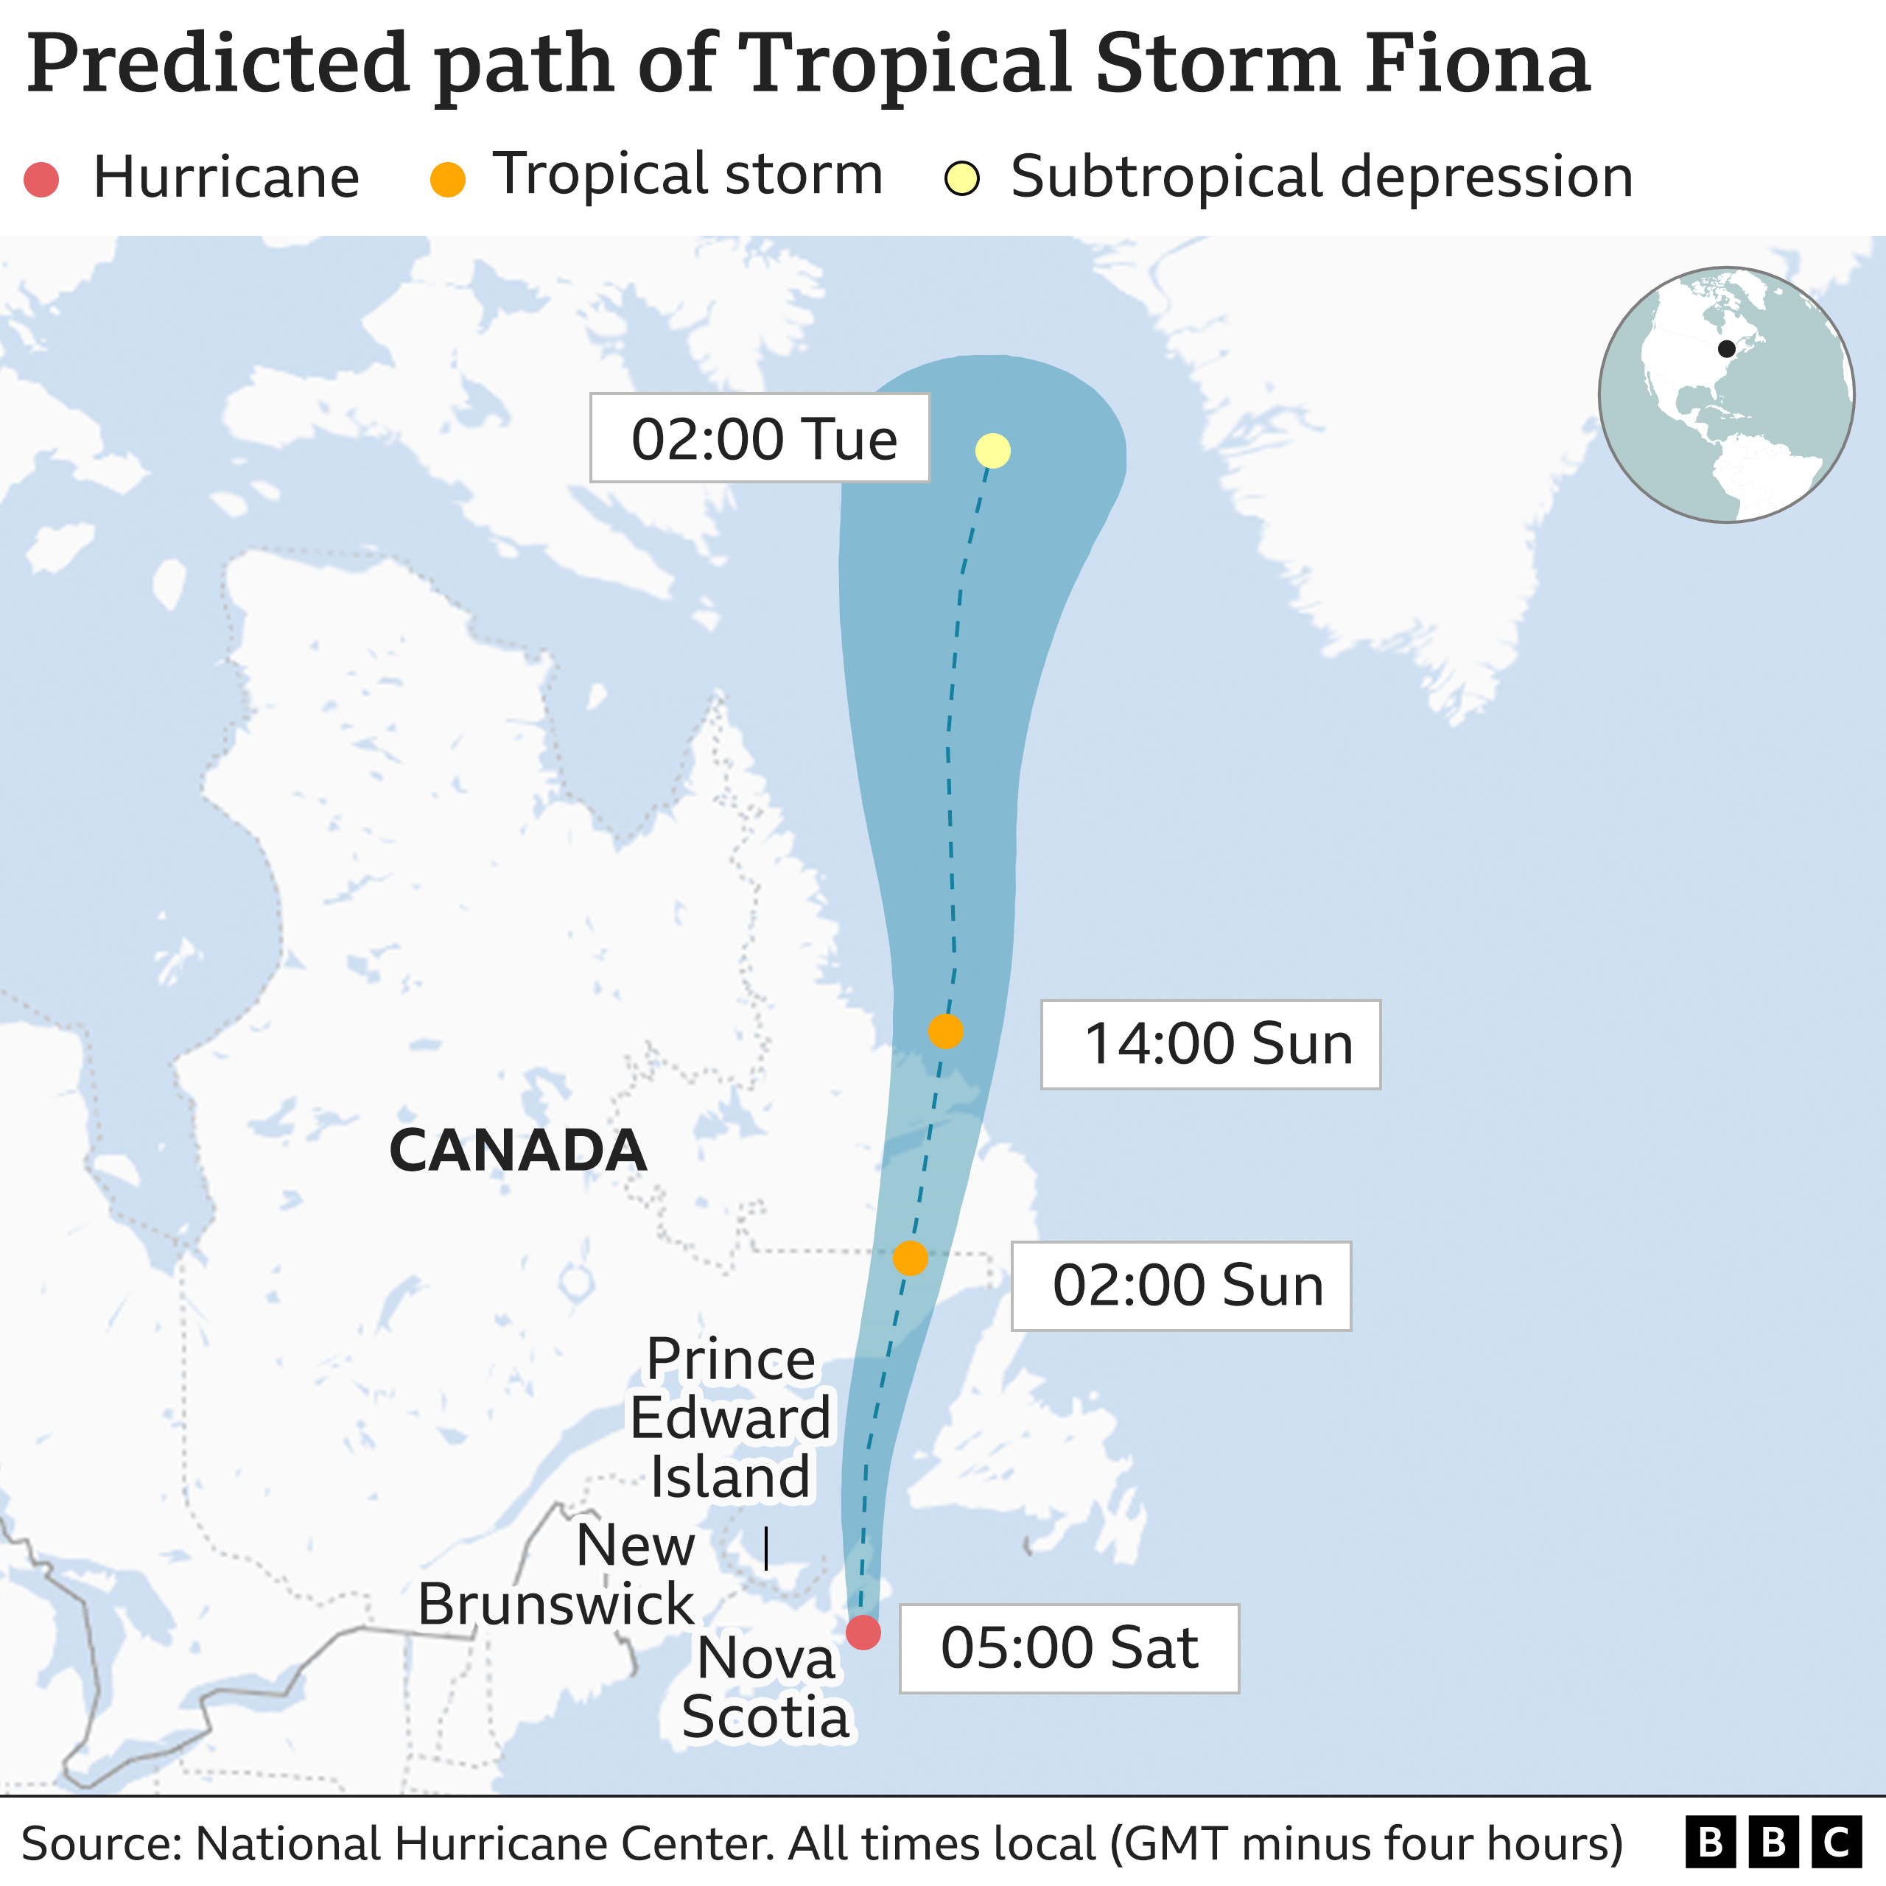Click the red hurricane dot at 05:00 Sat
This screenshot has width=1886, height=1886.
tap(863, 1631)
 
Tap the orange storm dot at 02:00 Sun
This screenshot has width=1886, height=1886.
tap(910, 1258)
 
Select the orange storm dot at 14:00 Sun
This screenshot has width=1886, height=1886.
tap(946, 1031)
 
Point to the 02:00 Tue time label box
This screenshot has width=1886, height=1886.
tap(760, 438)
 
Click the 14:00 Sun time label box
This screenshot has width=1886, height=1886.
tap(1210, 1045)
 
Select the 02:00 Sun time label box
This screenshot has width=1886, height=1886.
tap(1181, 1286)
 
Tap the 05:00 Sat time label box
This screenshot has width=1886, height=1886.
tap(1069, 1649)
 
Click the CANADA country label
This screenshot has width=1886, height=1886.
tap(517, 1151)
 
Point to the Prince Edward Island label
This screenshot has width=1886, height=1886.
tap(729, 1417)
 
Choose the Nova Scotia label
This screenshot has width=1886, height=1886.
tap(766, 1687)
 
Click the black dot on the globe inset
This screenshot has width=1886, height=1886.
tap(1726, 348)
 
